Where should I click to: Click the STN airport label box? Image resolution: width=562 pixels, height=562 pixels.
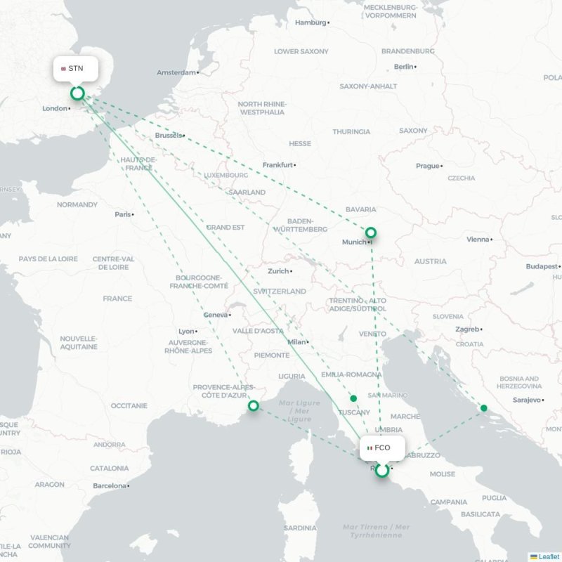click(76, 69)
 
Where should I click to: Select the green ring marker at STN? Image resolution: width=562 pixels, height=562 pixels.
click(77, 93)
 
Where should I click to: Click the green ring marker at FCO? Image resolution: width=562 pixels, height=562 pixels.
click(381, 471)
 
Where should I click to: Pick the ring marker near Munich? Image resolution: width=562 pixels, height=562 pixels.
click(370, 233)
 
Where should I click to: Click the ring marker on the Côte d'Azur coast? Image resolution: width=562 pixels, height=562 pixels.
click(253, 405)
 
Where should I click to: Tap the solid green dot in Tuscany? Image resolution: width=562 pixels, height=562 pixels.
click(353, 398)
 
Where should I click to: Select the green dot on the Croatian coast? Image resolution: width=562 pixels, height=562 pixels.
click(483, 408)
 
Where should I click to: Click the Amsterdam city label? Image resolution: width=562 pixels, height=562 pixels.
click(176, 72)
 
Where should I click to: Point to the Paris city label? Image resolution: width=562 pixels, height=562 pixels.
click(123, 214)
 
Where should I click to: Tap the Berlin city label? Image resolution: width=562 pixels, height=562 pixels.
click(404, 67)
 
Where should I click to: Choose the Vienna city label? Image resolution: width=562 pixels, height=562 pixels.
click(477, 239)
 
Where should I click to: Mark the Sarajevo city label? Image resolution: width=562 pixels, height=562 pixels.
click(527, 400)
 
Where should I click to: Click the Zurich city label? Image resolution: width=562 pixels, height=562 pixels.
click(278, 270)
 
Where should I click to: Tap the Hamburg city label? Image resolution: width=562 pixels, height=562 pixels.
click(311, 22)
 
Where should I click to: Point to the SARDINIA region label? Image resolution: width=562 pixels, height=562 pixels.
click(300, 528)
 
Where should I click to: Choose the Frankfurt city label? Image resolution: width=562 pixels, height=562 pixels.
click(277, 165)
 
